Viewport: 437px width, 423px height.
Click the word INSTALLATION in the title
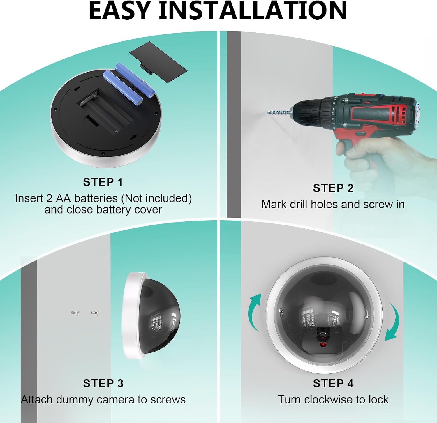click(253, 10)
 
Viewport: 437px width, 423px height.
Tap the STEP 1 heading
click(103, 182)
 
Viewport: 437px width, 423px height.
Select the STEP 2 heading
click(333, 188)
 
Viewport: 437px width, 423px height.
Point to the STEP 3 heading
click(103, 383)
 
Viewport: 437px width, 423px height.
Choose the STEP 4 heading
click(333, 383)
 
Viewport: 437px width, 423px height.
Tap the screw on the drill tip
click(279, 112)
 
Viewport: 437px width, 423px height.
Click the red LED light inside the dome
click(323, 345)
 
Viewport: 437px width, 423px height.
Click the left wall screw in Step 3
click(75, 313)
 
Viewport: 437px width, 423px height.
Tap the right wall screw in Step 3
click(95, 313)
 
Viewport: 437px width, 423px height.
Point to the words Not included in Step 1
click(156, 198)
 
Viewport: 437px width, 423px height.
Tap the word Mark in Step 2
click(274, 205)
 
